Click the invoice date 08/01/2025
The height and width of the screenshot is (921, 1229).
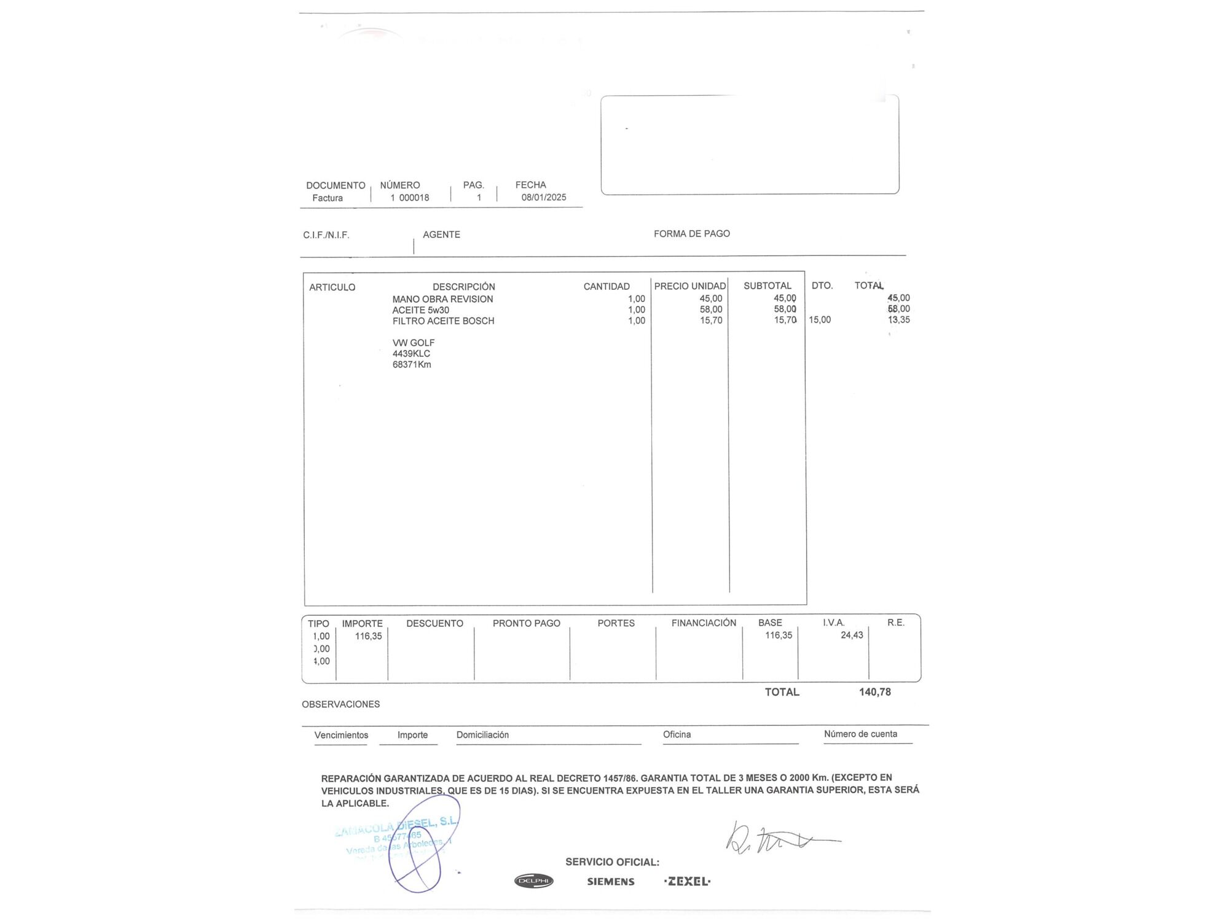tap(544, 197)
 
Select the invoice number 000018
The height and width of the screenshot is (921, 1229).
tap(414, 198)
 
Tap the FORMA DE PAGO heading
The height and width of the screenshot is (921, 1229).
tap(691, 233)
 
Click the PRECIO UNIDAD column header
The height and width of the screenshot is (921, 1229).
tap(689, 286)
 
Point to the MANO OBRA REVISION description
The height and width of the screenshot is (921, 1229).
tap(442, 299)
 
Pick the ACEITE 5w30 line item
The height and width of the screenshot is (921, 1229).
tap(420, 310)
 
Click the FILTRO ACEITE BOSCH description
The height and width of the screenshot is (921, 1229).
tap(443, 321)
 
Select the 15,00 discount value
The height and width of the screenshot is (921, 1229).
tap(820, 320)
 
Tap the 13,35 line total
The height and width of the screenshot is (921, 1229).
tap(898, 320)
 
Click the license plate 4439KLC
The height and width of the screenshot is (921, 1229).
tap(411, 354)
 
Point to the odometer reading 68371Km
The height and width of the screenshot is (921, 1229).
tap(412, 365)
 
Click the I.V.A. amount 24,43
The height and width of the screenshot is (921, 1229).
tap(852, 635)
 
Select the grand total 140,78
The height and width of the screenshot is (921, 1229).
tap(874, 692)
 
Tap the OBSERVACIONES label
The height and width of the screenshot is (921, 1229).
tap(340, 704)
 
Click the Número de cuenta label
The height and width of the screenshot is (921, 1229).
tap(860, 734)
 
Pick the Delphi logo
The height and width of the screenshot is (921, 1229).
tap(533, 881)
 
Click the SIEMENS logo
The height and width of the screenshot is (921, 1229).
tap(610, 882)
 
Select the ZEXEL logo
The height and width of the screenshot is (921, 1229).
tap(687, 881)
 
